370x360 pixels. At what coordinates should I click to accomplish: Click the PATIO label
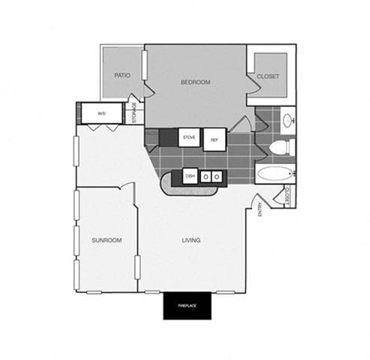tap(122, 76)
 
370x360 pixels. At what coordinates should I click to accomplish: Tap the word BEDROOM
tap(196, 81)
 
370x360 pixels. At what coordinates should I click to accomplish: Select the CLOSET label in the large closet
tap(268, 76)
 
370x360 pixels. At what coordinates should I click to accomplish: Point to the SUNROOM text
tap(107, 241)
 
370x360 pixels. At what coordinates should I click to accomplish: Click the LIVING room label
tap(191, 241)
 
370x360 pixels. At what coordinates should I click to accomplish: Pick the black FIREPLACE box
tap(187, 307)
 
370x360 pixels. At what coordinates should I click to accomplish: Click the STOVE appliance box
tap(189, 138)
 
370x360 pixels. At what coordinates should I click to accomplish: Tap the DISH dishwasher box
tap(190, 177)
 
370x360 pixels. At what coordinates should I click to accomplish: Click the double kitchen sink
tap(211, 177)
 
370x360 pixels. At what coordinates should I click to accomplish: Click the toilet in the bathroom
tap(283, 146)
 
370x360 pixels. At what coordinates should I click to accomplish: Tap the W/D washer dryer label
tap(101, 114)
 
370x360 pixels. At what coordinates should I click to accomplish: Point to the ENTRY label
tap(260, 209)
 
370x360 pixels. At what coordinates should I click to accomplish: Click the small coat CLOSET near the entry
tap(288, 197)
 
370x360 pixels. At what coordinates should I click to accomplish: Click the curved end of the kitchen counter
tap(167, 185)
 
